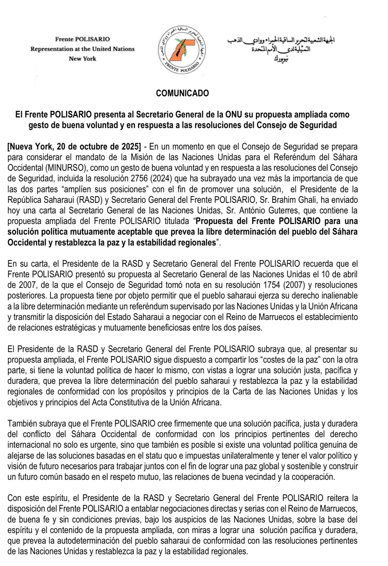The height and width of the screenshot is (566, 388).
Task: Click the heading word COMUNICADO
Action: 182,93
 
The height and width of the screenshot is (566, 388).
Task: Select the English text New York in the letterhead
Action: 82,59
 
